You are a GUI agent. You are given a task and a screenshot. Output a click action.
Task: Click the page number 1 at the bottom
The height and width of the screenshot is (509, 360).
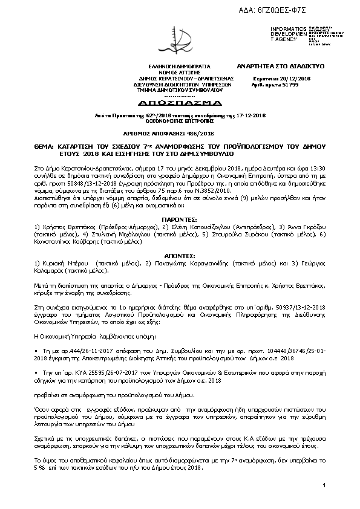click(x=324, y=485)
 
